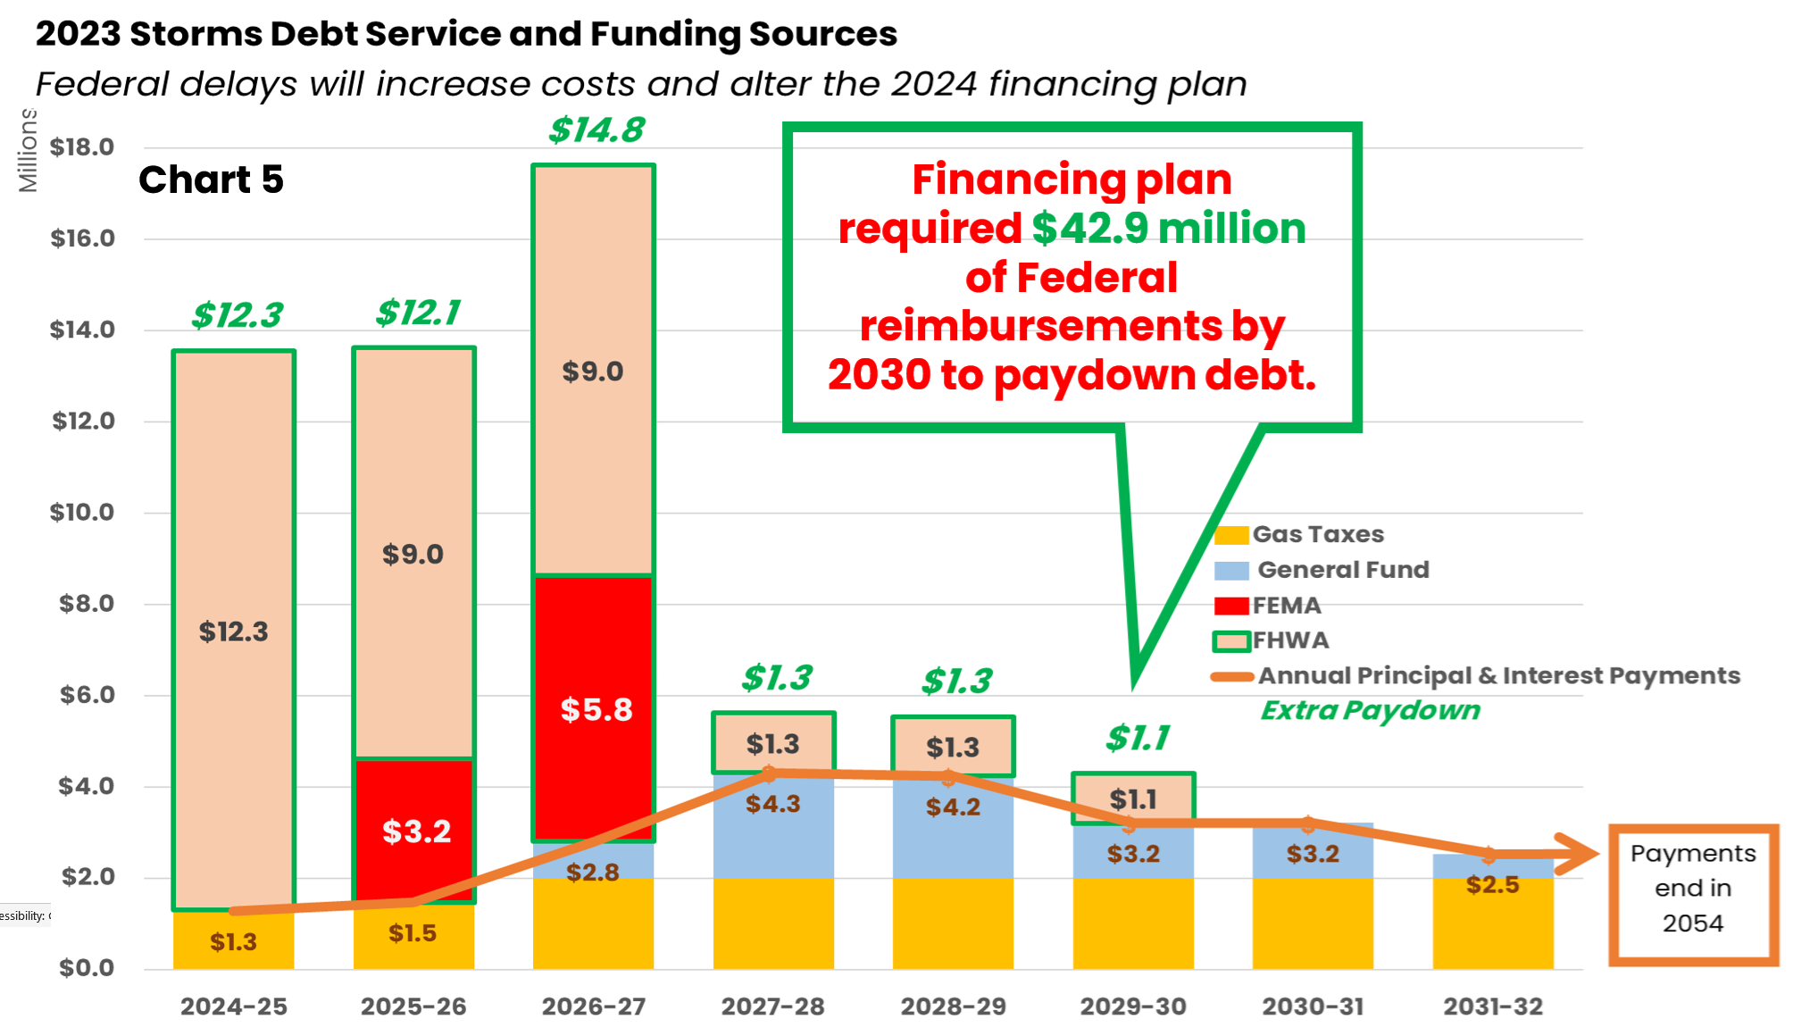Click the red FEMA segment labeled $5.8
(596, 709)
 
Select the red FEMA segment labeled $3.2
(415, 831)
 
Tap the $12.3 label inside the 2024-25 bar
(233, 631)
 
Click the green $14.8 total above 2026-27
(596, 130)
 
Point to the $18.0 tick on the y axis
(82, 146)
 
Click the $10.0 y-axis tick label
(82, 512)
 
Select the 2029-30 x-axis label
(1133, 1007)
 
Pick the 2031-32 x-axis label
(1493, 1007)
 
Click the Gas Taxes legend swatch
(1231, 535)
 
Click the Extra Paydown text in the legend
(1370, 711)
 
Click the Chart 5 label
(211, 180)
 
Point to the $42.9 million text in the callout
(1169, 228)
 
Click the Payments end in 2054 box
(1693, 894)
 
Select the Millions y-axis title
(28, 150)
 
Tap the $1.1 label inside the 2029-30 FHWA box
(1133, 798)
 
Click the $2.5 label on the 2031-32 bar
(1492, 885)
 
